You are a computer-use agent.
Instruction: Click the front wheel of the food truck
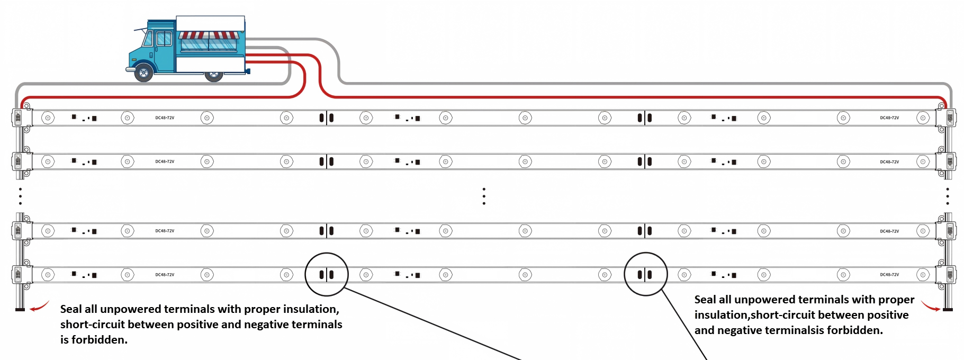(143, 72)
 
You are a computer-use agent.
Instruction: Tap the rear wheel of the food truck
(214, 76)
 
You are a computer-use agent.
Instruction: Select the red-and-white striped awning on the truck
(209, 35)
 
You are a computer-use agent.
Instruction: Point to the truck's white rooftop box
(210, 23)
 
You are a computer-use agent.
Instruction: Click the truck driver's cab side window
(164, 38)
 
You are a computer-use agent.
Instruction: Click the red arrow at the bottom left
(39, 306)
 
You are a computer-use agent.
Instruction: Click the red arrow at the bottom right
(930, 306)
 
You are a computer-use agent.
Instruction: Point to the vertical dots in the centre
(484, 196)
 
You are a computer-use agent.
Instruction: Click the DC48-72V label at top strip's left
(165, 118)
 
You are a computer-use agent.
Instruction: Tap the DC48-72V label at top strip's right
(889, 118)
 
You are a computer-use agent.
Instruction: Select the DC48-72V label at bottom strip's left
(165, 275)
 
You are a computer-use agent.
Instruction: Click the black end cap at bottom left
(20, 309)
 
